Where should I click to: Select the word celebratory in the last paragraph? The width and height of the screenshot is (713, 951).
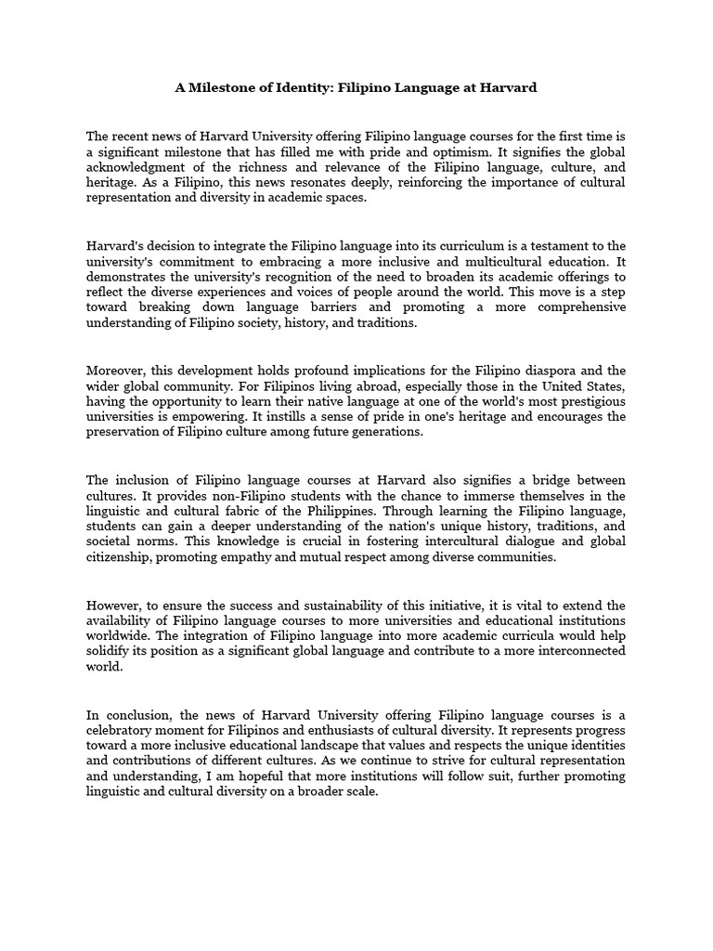click(125, 731)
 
